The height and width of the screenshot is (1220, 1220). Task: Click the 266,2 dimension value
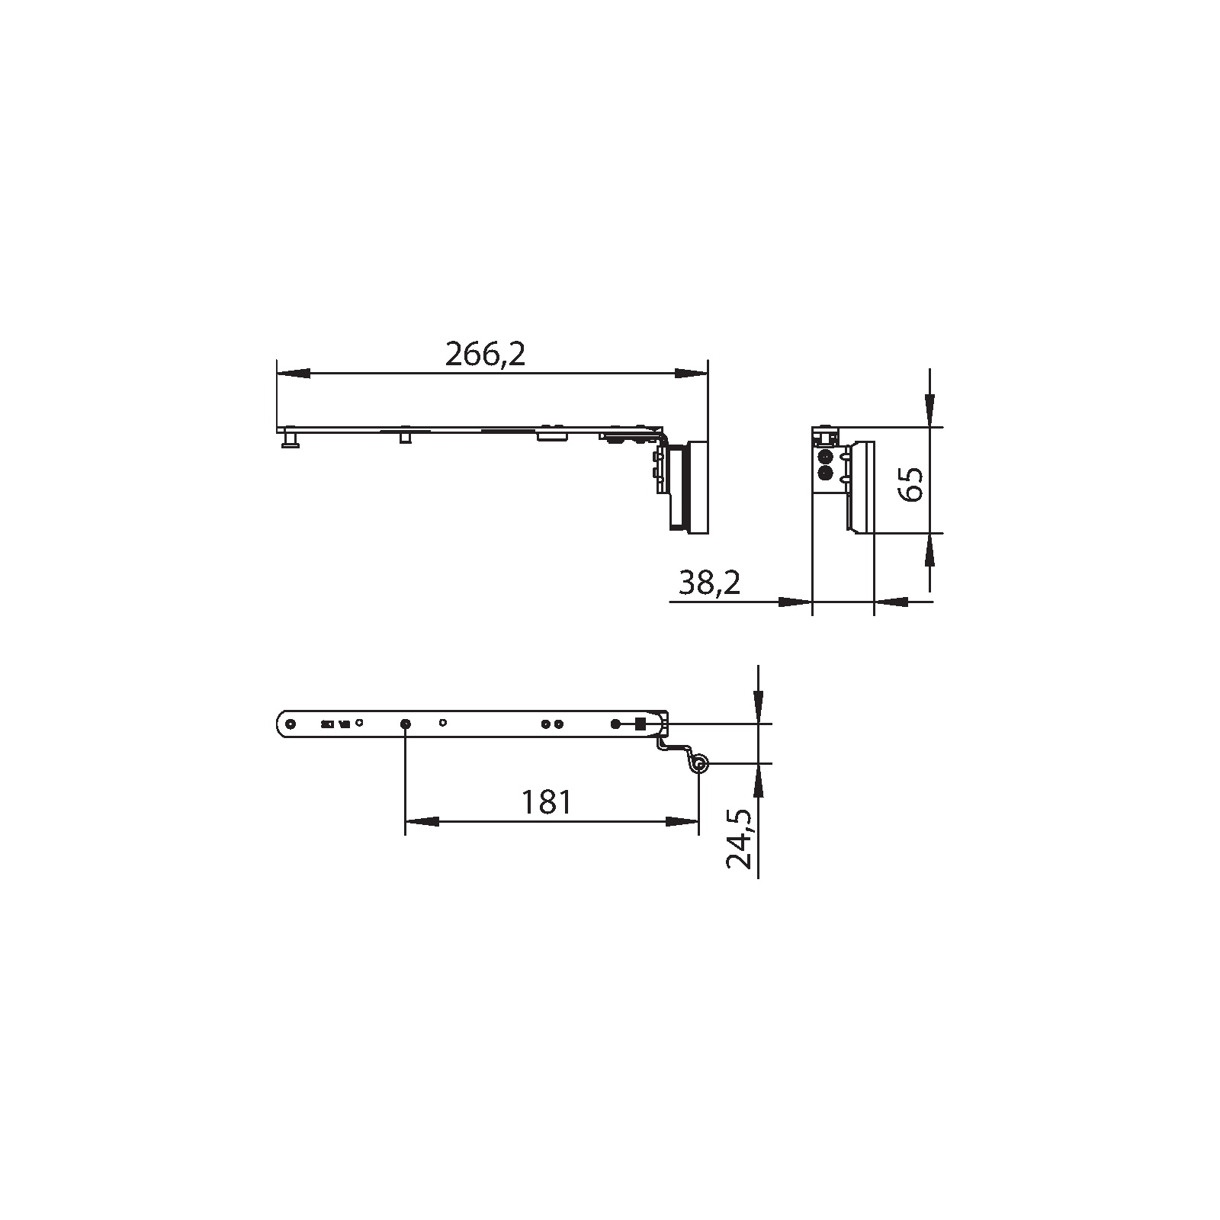click(x=486, y=355)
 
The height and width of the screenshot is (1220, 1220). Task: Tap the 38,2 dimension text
click(x=709, y=583)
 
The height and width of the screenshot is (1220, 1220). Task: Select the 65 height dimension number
click(x=911, y=483)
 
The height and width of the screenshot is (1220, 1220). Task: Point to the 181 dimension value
click(x=546, y=802)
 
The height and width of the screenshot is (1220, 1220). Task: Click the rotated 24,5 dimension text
click(x=740, y=839)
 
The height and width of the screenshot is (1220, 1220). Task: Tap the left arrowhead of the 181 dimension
click(x=422, y=821)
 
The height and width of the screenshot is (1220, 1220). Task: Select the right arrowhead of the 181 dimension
click(x=682, y=821)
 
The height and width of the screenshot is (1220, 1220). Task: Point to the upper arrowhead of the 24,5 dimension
click(x=758, y=701)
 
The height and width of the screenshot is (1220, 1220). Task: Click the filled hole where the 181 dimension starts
click(x=405, y=723)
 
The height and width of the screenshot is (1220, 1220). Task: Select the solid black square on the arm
click(x=640, y=723)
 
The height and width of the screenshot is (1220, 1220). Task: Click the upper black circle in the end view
click(x=823, y=457)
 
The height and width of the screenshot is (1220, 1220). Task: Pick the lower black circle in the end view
click(x=823, y=473)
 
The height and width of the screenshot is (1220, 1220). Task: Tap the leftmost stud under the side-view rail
click(x=291, y=441)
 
